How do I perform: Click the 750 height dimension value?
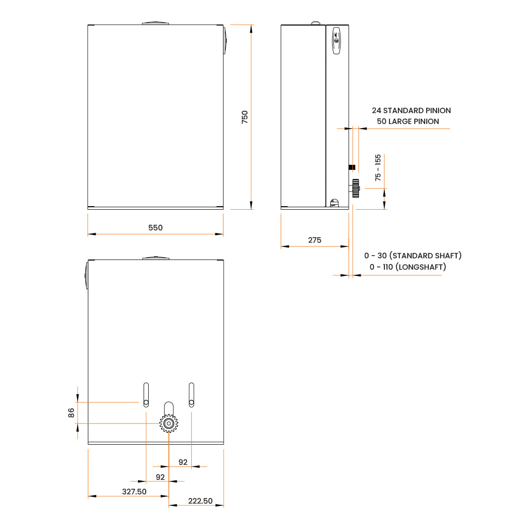coord(245,116)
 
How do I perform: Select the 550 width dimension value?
coord(155,228)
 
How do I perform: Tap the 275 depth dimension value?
coord(315,240)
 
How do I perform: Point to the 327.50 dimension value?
coord(134,492)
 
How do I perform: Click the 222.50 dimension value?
coord(200,501)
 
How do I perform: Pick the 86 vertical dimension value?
coord(71,412)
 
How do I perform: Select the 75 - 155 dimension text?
coord(378,167)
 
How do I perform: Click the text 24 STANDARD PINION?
coord(411,111)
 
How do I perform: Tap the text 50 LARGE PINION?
coord(408,121)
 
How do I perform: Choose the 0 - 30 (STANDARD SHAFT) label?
coord(413,256)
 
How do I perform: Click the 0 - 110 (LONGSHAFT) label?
coord(408,267)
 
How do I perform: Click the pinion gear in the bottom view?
coord(168,424)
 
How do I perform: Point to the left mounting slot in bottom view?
coord(146,395)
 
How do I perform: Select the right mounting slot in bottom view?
coord(192,395)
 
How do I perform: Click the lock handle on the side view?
coord(337,40)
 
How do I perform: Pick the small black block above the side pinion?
coord(351,167)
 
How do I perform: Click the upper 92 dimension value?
coord(183,462)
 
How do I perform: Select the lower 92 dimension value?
coord(160,477)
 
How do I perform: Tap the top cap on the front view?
coord(155,22)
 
